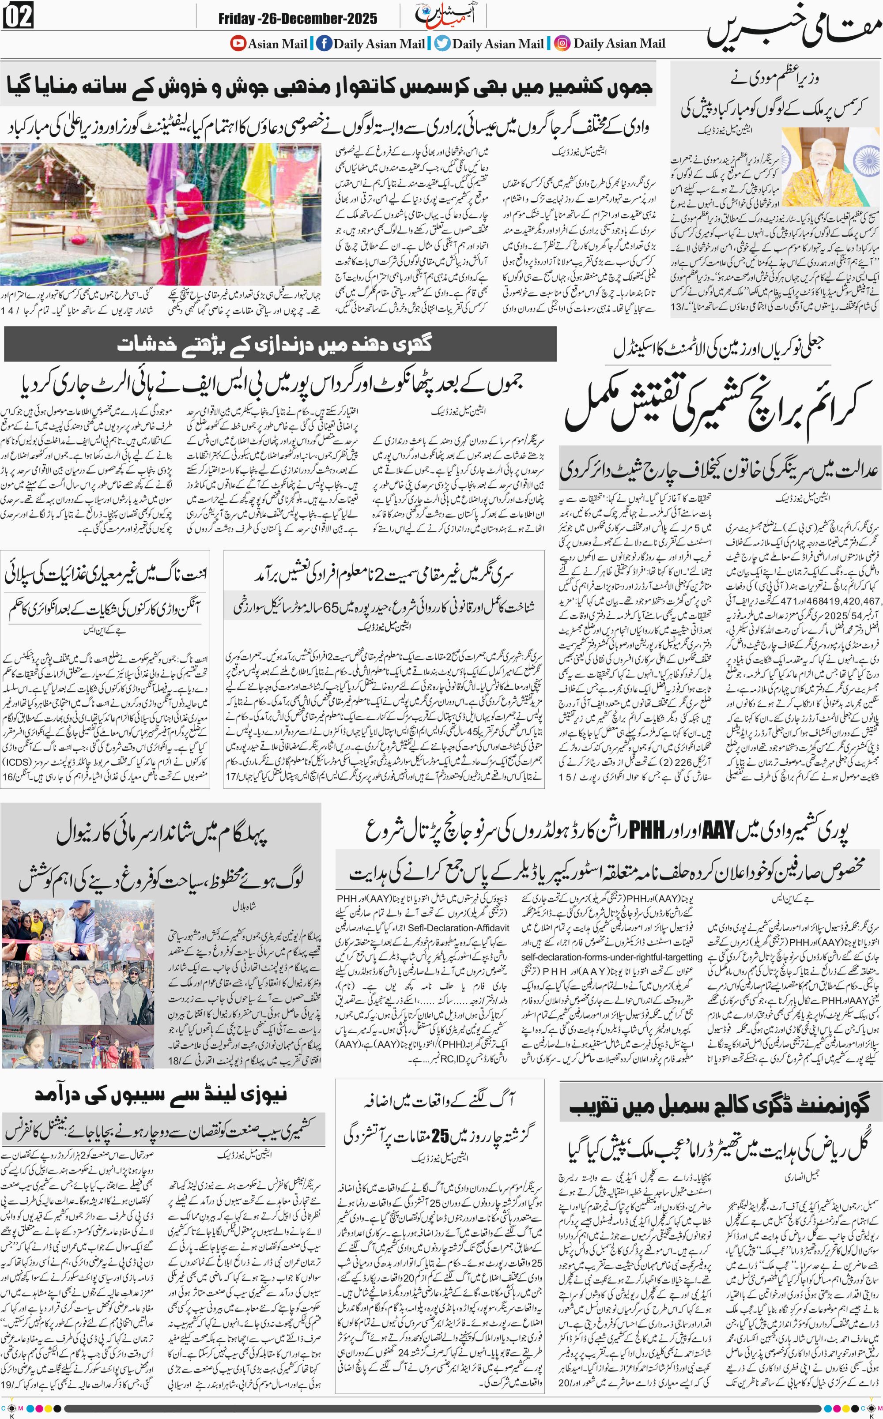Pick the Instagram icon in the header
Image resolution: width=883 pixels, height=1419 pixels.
pos(562,43)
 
